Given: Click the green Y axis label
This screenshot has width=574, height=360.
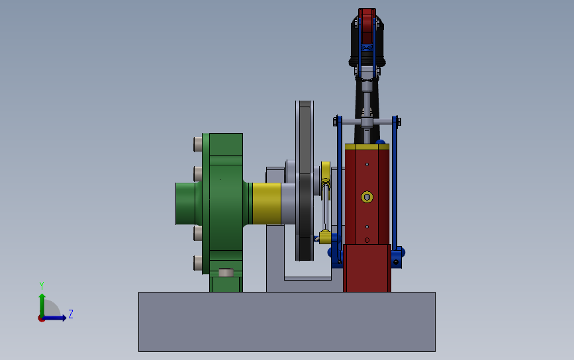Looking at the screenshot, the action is (42, 285).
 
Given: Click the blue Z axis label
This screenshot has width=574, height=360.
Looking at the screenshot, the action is (71, 314).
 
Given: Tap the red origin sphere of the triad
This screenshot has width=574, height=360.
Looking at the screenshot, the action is (41, 318).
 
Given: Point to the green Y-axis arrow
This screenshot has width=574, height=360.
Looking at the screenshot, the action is (42, 305).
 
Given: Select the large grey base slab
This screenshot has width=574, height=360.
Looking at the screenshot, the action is (287, 322).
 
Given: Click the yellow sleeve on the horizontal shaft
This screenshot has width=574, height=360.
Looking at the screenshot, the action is (267, 203).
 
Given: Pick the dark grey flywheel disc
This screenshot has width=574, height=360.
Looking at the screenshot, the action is (305, 181).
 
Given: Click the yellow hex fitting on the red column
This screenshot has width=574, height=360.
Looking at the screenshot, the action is (367, 197).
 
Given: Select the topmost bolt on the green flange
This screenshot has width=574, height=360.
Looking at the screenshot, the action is (198, 144).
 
